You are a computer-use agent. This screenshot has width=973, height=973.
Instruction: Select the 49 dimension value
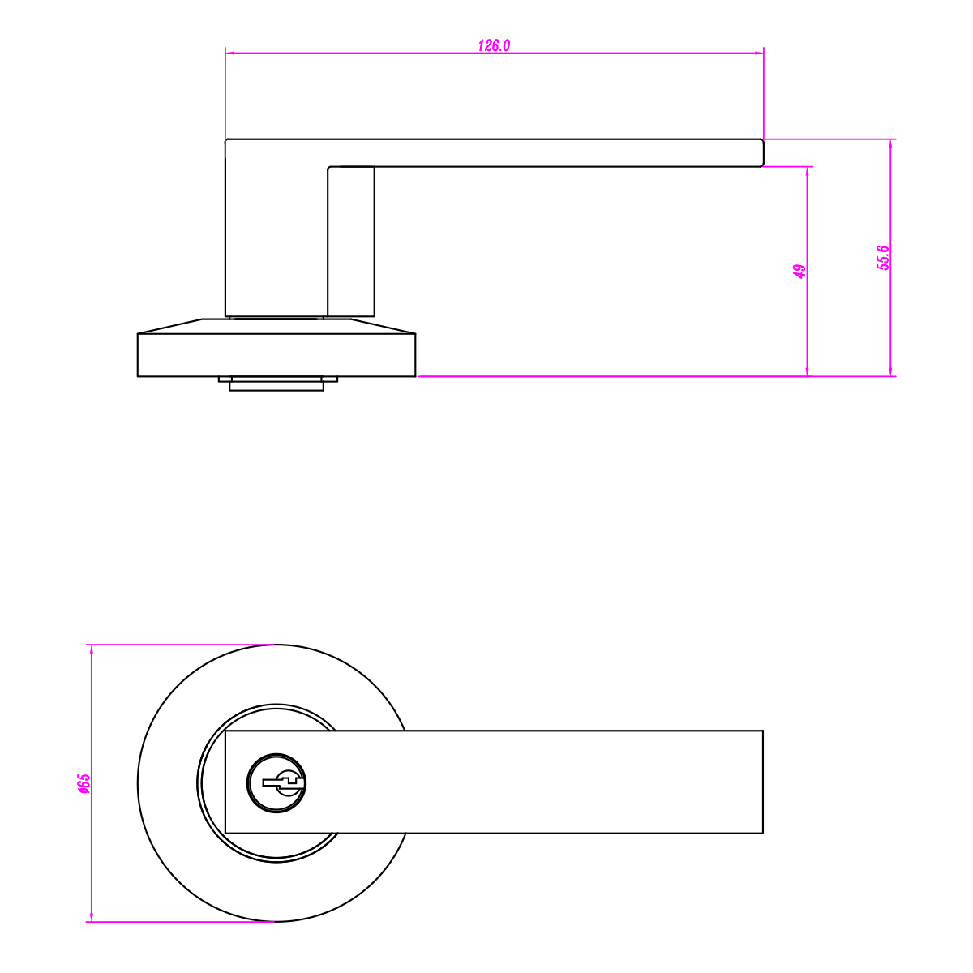(799, 271)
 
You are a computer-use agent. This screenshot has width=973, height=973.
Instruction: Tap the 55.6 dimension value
(883, 257)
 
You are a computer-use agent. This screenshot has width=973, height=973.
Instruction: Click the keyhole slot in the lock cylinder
(280, 782)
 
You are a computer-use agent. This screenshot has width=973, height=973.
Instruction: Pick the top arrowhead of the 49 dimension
(808, 171)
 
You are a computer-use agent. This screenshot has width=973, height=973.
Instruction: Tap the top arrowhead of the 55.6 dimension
(892, 144)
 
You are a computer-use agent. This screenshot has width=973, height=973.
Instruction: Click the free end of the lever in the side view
(762, 152)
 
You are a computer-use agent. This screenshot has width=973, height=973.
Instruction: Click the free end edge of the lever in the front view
(762, 782)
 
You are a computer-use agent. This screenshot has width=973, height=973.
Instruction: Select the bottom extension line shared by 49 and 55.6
(649, 376)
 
